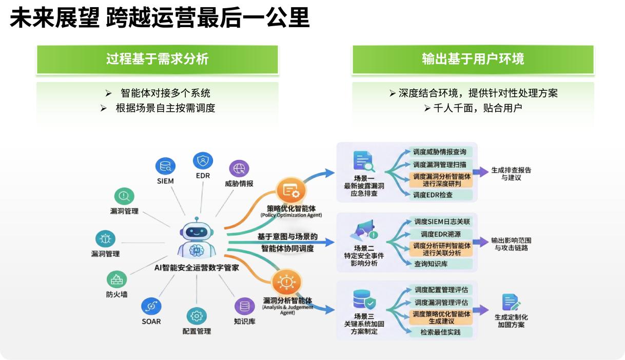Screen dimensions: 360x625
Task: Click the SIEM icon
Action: pos(165,166)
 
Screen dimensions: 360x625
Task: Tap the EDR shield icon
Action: pos(203,161)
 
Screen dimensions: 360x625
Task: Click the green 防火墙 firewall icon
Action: pos(117,279)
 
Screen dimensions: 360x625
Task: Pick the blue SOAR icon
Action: pos(151,306)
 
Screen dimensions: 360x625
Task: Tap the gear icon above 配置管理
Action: pos(197,315)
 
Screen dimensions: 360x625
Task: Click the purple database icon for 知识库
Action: pos(245,306)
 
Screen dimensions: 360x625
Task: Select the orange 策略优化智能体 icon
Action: pos(291,191)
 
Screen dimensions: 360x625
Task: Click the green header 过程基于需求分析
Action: pos(158,59)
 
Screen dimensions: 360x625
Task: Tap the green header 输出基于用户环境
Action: pos(473,59)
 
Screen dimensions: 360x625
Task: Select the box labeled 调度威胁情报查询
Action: pos(440,152)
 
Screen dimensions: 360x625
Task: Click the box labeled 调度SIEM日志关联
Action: pos(442,222)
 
